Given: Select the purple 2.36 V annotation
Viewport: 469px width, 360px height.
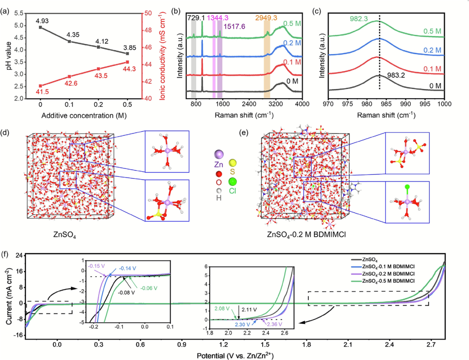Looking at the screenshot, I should (x=274, y=324).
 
